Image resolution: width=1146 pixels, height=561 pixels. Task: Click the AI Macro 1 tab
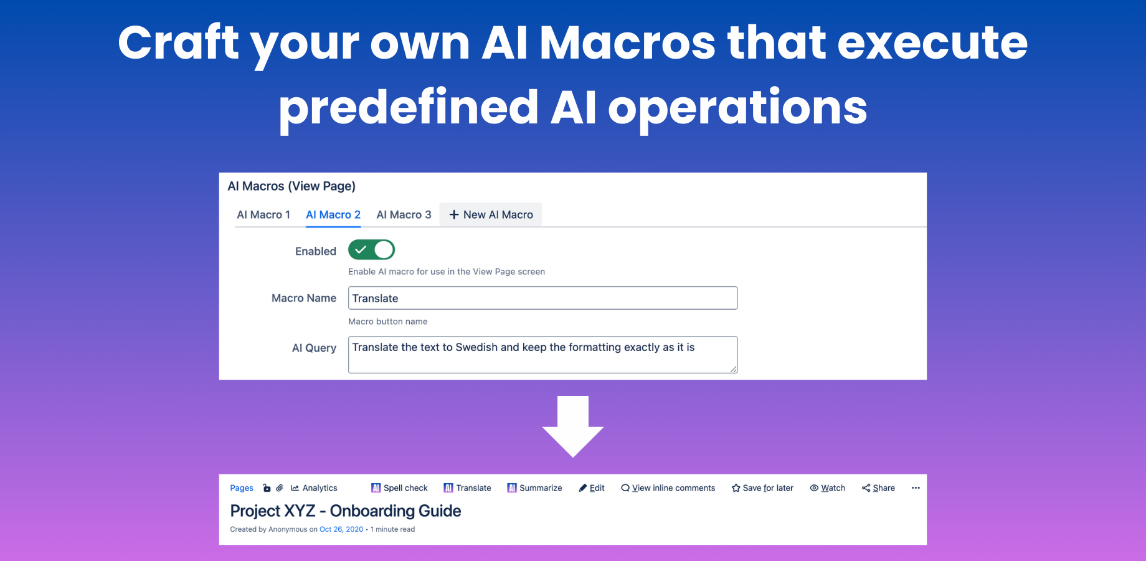coord(263,214)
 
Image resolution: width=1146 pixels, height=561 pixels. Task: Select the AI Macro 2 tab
coord(333,214)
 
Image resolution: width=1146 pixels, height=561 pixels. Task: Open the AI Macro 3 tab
coord(404,214)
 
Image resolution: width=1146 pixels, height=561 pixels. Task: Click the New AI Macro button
coord(491,214)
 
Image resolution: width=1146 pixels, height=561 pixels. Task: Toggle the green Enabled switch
coord(371,250)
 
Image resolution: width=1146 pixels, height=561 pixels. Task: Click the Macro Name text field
coord(542,298)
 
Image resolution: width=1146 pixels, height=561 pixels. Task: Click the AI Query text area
coord(542,355)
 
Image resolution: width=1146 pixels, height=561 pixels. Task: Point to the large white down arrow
coord(573,426)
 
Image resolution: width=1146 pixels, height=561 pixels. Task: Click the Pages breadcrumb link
coord(242,488)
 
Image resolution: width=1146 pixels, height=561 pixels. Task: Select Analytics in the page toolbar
coord(314,488)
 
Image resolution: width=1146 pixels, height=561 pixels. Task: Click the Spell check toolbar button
coord(399,488)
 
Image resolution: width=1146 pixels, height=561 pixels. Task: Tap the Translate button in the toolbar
coord(467,488)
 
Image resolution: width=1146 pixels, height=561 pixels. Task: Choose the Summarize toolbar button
coord(534,488)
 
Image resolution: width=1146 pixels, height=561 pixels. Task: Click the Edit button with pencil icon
coord(592,488)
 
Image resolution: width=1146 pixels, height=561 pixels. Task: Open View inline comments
coord(668,488)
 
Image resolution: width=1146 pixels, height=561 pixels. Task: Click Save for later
coord(762,488)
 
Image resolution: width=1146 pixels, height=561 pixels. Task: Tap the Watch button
coord(827,488)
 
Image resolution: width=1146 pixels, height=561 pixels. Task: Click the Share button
coord(878,488)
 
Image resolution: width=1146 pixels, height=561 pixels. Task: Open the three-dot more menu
coord(916,488)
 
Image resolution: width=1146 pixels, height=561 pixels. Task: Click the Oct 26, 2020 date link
coord(341,529)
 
